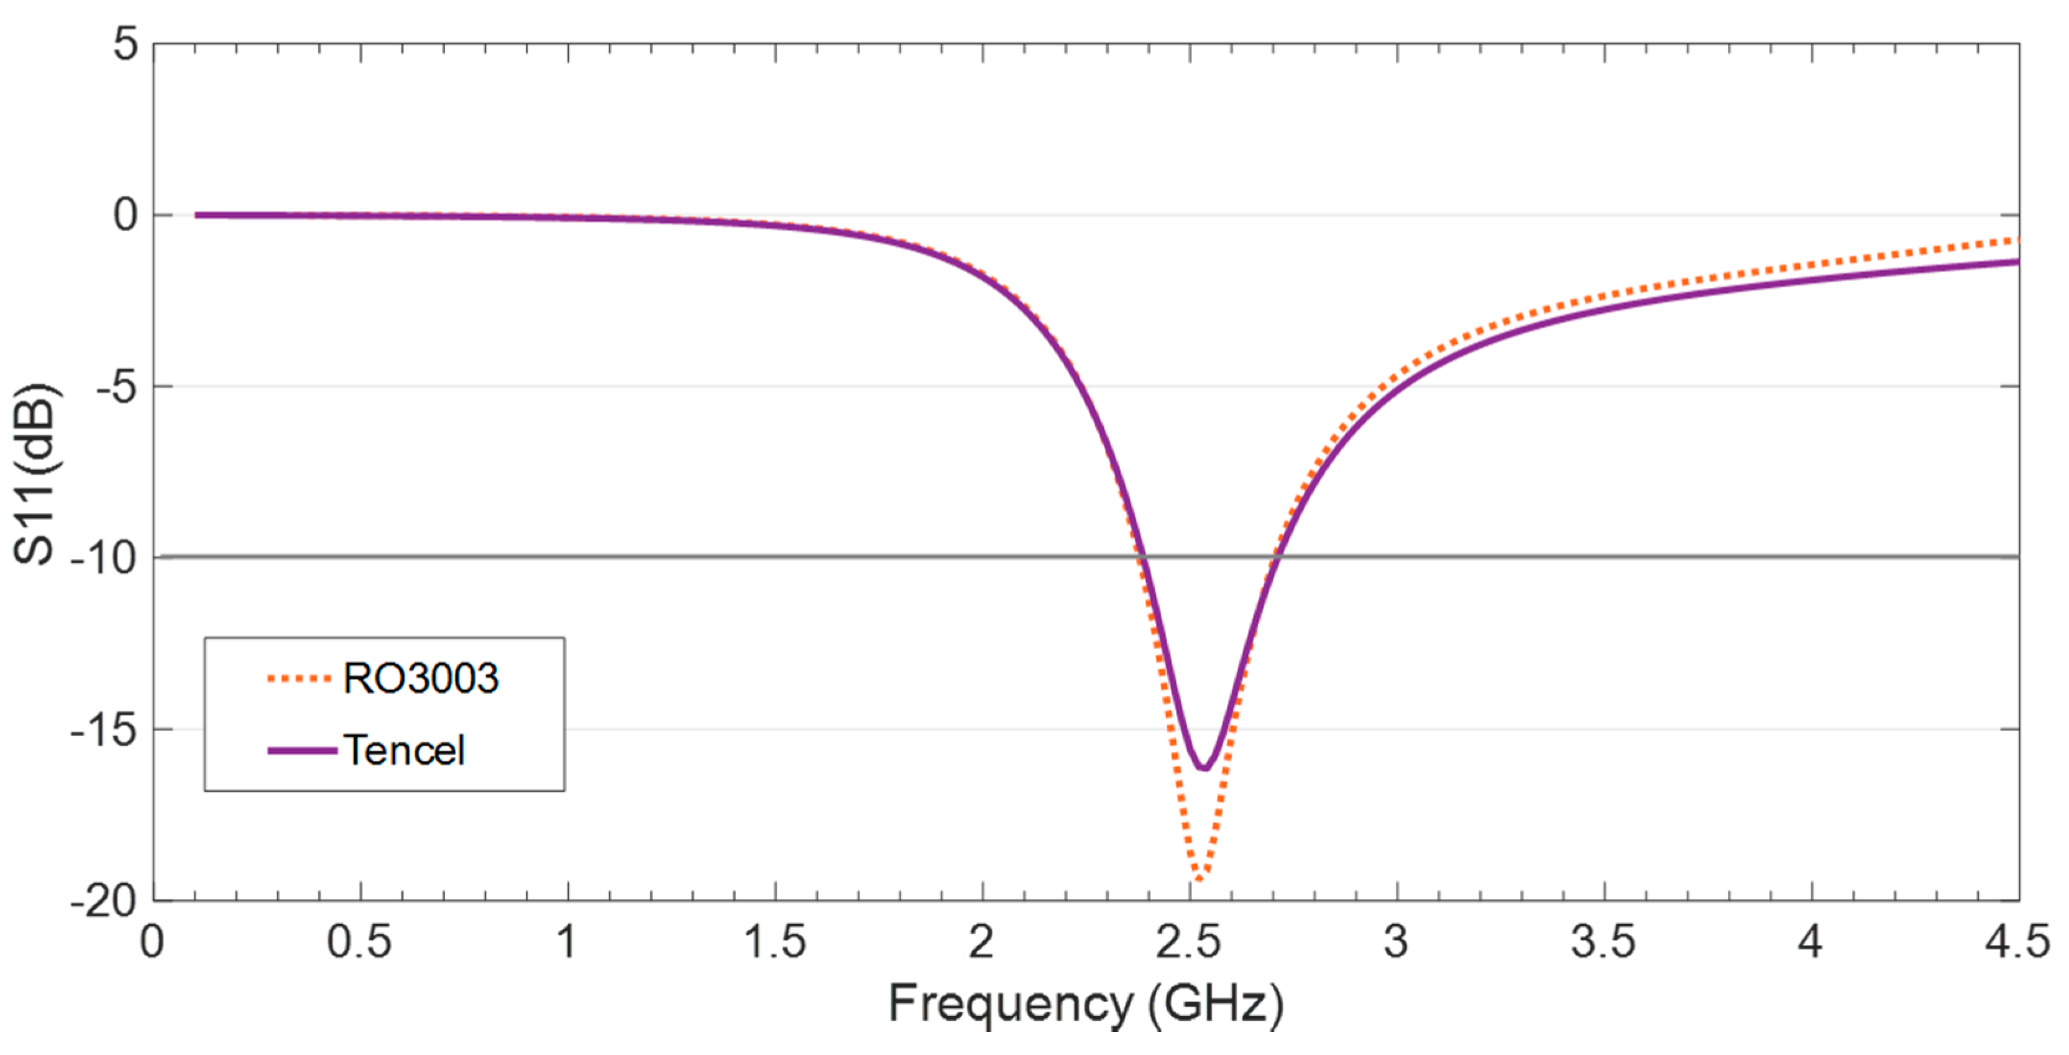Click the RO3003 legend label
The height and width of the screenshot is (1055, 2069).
pos(420,679)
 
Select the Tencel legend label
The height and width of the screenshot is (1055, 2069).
pos(405,750)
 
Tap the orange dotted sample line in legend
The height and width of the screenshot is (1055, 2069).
pos(299,679)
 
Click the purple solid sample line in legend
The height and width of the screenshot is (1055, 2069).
pos(302,750)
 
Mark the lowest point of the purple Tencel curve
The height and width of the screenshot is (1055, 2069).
pos(1203,769)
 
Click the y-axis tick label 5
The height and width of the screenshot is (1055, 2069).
pos(126,44)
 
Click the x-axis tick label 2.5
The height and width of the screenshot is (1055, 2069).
pos(1189,942)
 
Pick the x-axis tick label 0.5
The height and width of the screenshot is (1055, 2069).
pos(359,942)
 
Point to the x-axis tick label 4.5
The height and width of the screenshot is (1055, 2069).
pos(2017,942)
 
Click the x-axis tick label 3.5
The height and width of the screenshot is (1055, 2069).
pos(1603,942)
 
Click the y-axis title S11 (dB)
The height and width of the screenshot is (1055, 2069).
pos(35,474)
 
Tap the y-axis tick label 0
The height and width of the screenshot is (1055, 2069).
pos(126,215)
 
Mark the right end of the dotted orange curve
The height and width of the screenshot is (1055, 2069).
pos(2016,240)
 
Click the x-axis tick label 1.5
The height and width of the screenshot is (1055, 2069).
pos(774,942)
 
